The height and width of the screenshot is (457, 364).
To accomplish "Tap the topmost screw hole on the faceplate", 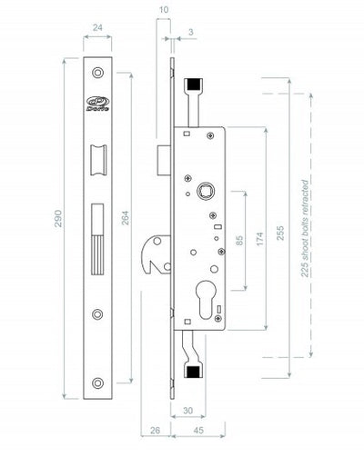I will point(97,74).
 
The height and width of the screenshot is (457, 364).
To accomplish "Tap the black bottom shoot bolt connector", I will point(193,371).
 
